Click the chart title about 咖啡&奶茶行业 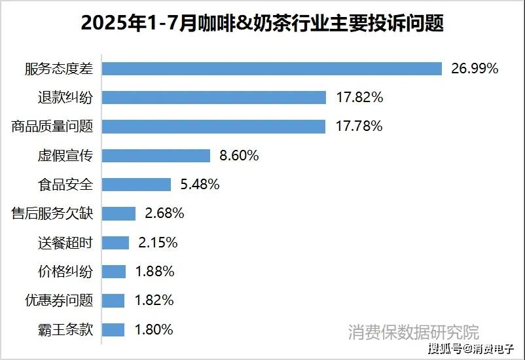262,24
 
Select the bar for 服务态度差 273,69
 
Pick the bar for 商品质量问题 214,126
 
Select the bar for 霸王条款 114,330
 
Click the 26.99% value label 475,69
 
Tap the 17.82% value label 359,98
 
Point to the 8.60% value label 240,156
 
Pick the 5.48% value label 200,185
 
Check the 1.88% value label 155,272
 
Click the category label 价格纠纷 65,272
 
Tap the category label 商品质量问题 52,126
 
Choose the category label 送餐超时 65,243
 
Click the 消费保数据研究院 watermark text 413,331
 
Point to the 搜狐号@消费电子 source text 471,348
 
